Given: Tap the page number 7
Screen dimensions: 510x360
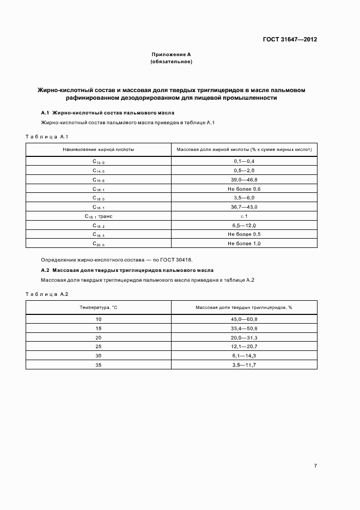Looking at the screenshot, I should coord(315,465).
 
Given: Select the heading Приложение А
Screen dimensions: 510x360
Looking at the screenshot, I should coord(171,54).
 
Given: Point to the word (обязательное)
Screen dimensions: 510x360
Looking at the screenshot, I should coord(171,62).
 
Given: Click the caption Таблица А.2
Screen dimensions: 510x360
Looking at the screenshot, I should coord(47,294).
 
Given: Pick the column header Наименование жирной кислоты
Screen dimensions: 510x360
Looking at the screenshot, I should coord(99,149).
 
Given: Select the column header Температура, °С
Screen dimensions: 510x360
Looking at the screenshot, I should coord(99,307).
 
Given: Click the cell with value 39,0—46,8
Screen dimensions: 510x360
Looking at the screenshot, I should coord(244,180).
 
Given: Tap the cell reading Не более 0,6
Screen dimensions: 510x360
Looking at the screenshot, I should coord(244,189).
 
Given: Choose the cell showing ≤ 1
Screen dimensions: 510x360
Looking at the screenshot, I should coord(244,216).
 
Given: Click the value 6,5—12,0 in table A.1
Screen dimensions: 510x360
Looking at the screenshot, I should coord(244,226).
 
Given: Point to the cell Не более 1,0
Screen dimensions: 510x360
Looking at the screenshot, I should coord(244,244).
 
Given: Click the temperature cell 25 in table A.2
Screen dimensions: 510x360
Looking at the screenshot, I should coord(99,347).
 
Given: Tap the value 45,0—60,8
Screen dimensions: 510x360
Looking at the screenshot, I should coord(244,319).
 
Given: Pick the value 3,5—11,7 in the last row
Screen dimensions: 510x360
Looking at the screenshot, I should coord(244,365).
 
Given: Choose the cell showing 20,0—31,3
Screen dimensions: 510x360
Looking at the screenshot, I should coord(244,337).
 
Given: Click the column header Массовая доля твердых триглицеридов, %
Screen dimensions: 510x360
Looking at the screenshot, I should coord(244,307).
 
